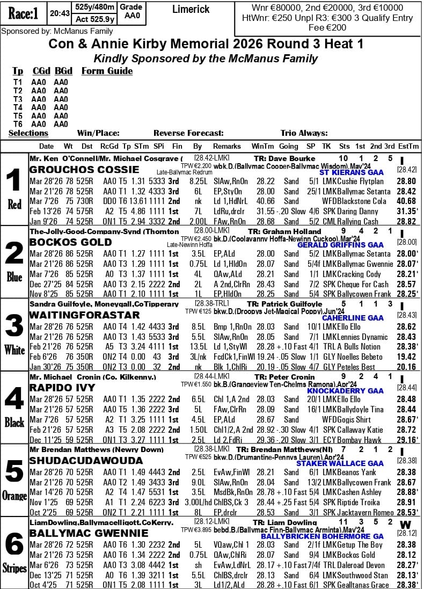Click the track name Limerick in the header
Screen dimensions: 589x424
point(191,10)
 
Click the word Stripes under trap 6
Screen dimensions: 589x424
point(14,568)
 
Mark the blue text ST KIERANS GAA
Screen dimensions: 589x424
point(351,172)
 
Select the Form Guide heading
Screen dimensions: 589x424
point(107,71)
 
